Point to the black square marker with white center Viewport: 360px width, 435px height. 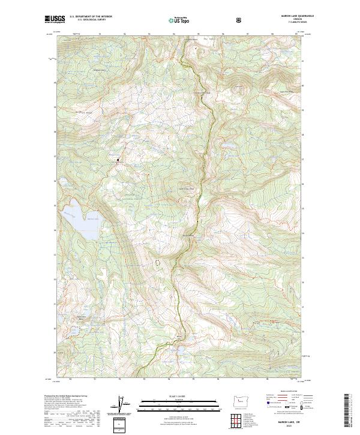pos(118,160)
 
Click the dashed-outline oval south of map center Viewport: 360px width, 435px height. pos(158,262)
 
